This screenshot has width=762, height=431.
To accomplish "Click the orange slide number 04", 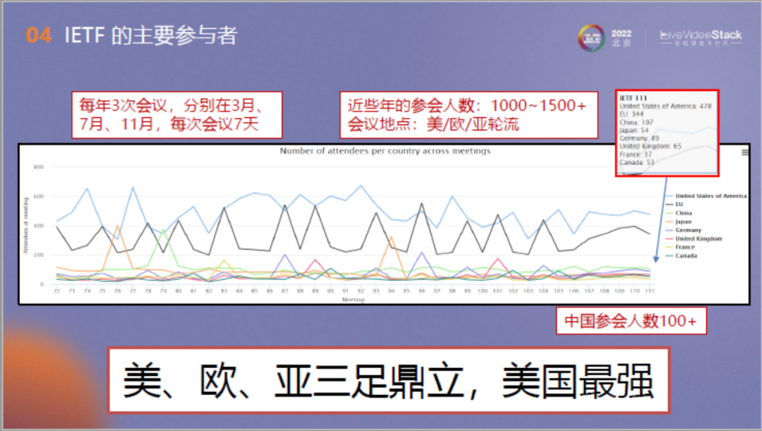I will click(x=40, y=35).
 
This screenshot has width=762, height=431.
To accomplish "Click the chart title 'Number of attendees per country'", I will click(x=385, y=151).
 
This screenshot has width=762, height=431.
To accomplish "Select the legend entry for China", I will click(x=684, y=213).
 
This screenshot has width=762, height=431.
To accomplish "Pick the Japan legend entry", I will click(x=684, y=221).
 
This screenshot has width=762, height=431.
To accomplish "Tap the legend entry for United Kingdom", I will click(x=698, y=238).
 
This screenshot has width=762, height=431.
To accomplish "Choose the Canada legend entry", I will click(x=686, y=255).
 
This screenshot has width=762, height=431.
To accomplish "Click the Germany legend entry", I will click(x=688, y=230).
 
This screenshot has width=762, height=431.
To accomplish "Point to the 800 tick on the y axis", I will click(x=39, y=167).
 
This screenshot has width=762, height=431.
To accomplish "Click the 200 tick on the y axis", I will click(x=39, y=255).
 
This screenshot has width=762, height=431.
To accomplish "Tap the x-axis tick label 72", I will click(x=56, y=291).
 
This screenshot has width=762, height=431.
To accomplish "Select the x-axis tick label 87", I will click(x=285, y=291).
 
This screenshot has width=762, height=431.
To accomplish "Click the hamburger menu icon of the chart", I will click(x=745, y=152).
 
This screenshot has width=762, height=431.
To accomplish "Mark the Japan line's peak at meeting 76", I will click(x=117, y=226).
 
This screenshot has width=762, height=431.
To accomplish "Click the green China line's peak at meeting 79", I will click(x=163, y=230).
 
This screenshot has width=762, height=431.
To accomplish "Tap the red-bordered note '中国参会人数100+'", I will click(x=631, y=322).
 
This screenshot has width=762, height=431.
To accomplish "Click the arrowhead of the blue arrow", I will click(x=656, y=259).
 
